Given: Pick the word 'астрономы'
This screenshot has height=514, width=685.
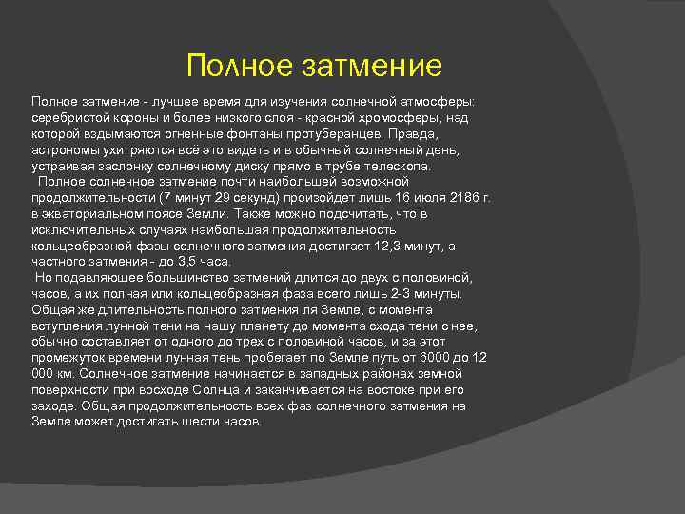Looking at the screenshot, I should coord(65,149).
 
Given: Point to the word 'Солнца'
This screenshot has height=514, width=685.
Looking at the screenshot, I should coord(241,390).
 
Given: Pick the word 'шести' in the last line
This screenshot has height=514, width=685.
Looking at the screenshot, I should coord(205,422).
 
